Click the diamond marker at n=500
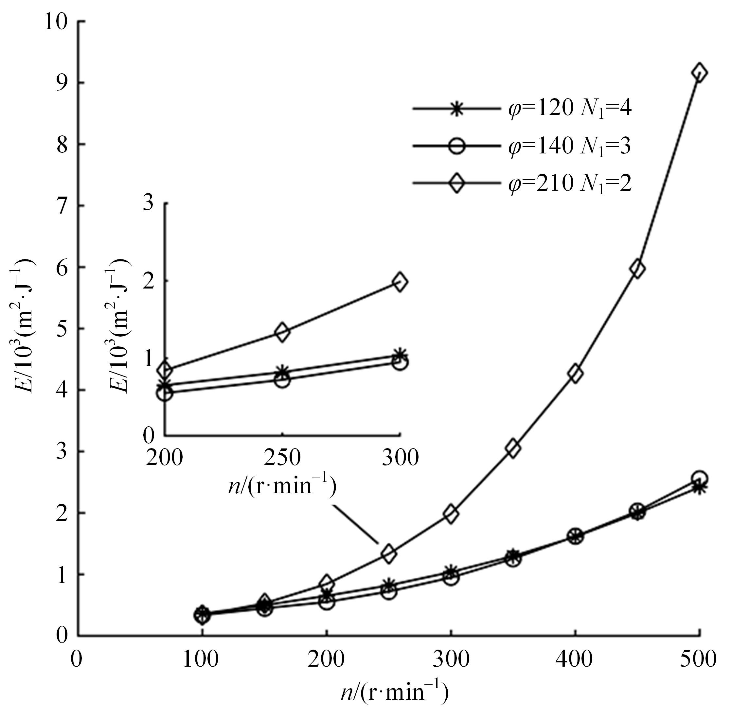point(699,72)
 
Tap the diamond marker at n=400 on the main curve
point(575,373)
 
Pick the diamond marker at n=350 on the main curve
point(513,448)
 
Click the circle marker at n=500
point(699,478)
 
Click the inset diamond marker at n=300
point(400,282)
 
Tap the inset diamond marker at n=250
point(282,332)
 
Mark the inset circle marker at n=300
point(400,363)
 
